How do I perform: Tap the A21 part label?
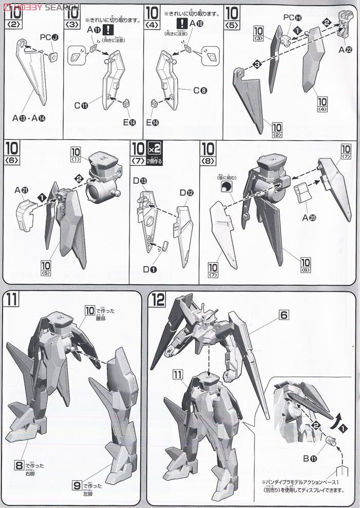(x=21, y=190)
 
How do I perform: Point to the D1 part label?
(x=149, y=269)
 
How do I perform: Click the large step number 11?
(x=12, y=300)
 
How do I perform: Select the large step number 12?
(x=156, y=300)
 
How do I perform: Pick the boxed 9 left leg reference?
(x=77, y=483)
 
